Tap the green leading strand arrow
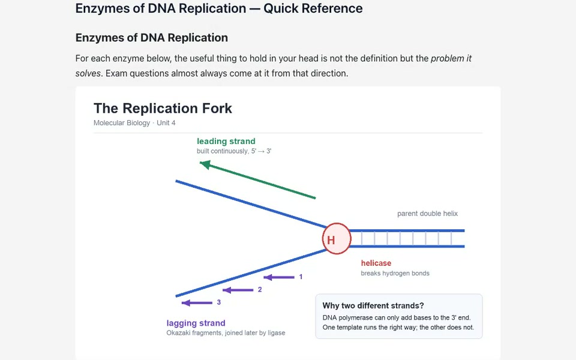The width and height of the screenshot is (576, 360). (x=257, y=179)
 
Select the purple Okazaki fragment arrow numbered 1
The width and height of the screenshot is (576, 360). (x=279, y=277)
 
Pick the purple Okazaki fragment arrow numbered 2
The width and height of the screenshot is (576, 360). (x=238, y=290)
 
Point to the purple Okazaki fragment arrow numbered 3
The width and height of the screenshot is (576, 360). (x=197, y=302)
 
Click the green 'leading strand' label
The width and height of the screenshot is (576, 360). (x=226, y=141)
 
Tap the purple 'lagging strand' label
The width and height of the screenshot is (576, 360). (x=196, y=323)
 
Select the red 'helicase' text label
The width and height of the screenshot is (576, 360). (x=376, y=263)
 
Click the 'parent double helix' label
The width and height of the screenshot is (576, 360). (x=427, y=214)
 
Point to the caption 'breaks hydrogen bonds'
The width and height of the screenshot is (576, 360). (x=395, y=274)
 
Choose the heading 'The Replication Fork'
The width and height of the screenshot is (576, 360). (x=163, y=109)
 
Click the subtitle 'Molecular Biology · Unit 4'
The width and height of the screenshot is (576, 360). (x=134, y=122)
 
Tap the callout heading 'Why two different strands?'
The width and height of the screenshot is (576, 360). (x=373, y=305)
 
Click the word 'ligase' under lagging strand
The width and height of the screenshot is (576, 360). (x=276, y=333)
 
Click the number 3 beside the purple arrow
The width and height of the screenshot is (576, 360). (x=219, y=302)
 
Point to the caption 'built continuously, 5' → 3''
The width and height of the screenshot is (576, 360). (x=234, y=151)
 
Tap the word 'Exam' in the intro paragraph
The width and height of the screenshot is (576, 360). (x=116, y=73)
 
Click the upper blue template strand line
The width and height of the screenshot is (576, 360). (x=251, y=204)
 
